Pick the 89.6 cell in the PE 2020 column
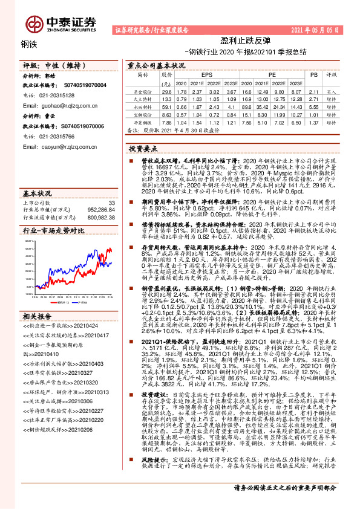247,106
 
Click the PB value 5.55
313,106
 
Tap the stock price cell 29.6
167,91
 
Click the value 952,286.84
101,209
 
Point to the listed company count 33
111,202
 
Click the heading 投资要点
143,148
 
